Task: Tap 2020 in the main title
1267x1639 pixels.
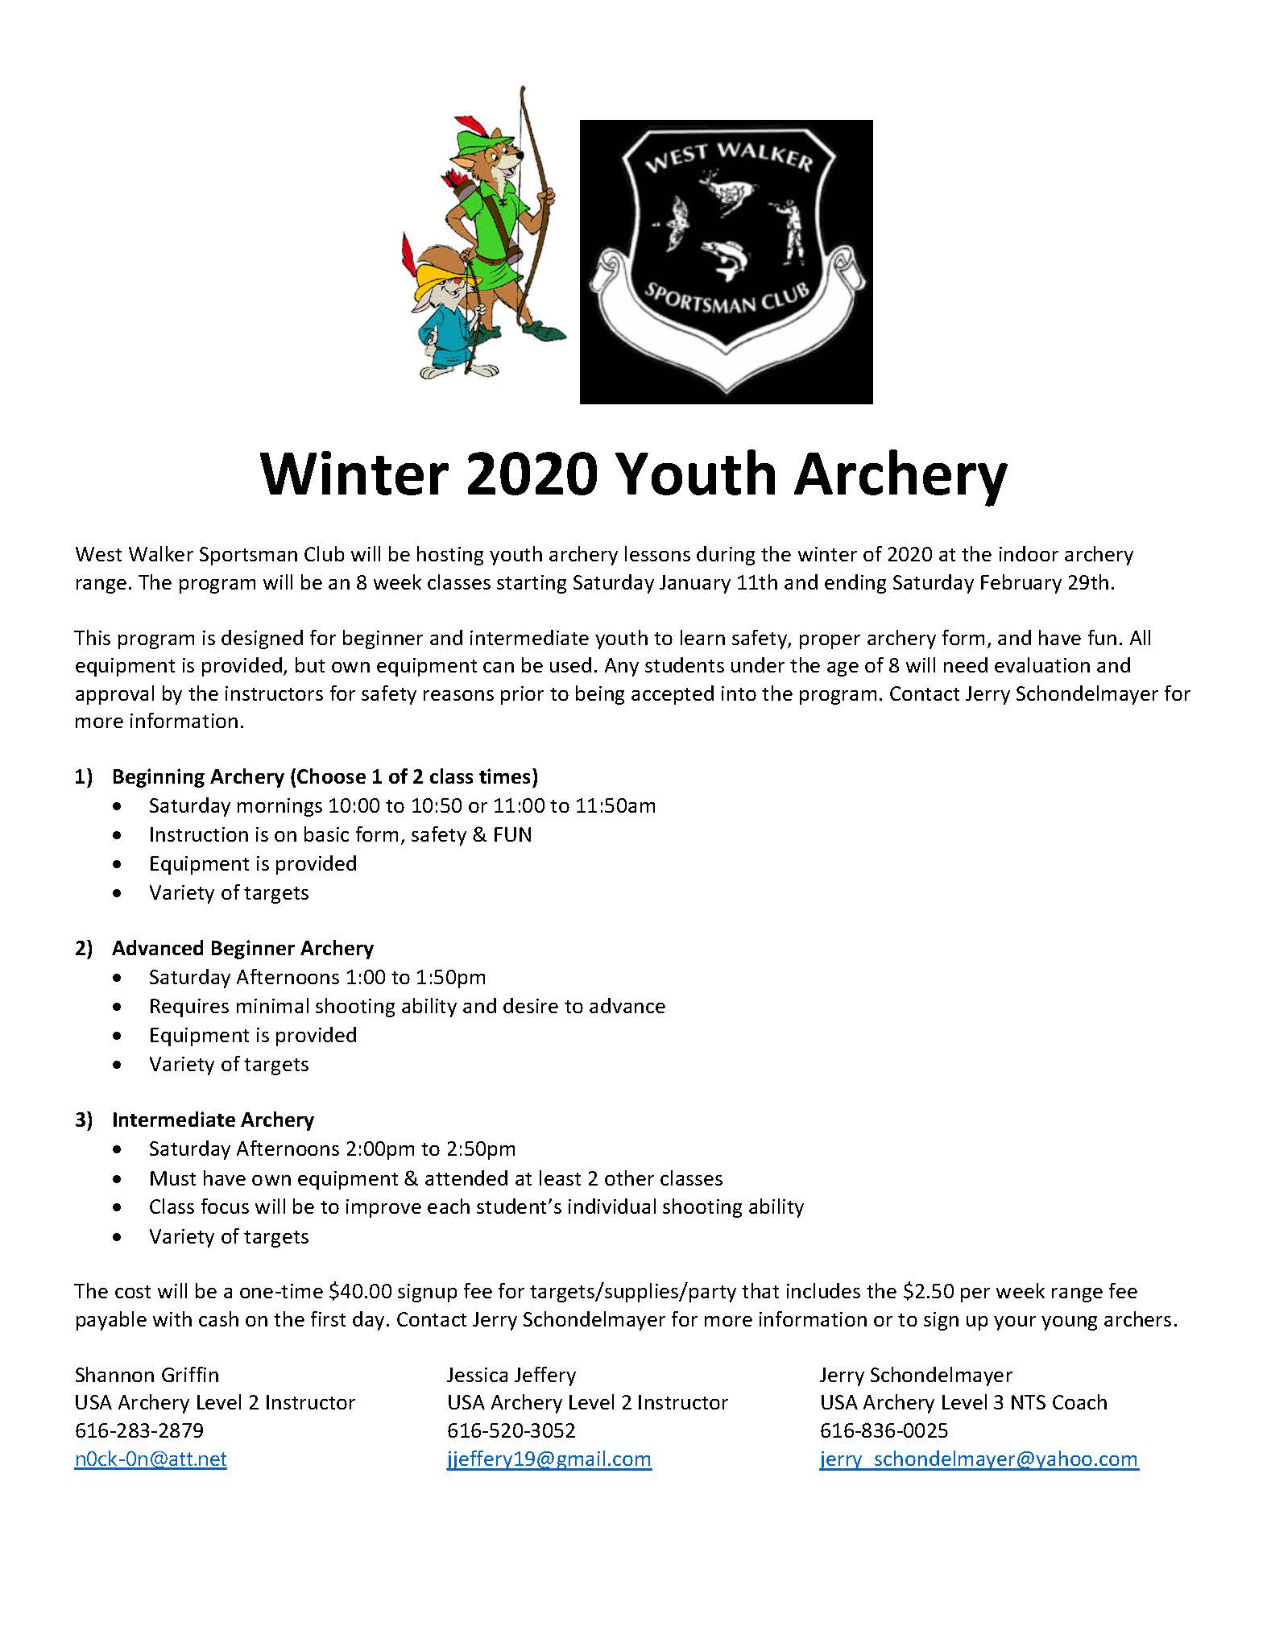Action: (x=531, y=475)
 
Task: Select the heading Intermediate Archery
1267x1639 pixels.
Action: (x=213, y=1120)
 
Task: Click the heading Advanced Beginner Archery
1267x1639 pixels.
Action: (x=242, y=948)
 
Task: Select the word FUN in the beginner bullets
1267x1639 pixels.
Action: (x=512, y=834)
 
